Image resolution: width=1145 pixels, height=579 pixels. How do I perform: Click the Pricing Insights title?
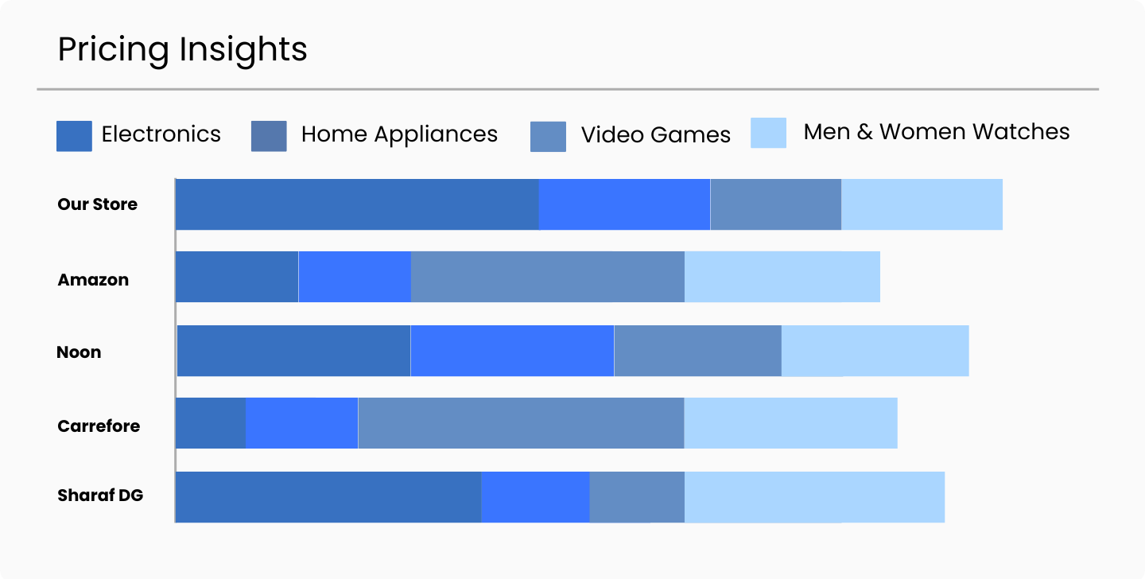click(182, 49)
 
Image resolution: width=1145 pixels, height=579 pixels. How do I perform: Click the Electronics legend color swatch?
click(74, 135)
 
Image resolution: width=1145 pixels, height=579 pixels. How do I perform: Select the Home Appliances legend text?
click(399, 134)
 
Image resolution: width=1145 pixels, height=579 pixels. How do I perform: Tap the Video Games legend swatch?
click(548, 136)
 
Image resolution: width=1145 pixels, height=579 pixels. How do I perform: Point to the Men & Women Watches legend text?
click(936, 132)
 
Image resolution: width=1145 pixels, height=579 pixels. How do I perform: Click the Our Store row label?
click(97, 204)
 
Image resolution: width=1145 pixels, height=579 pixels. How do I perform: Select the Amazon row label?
click(93, 280)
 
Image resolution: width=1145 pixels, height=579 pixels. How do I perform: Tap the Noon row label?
click(79, 352)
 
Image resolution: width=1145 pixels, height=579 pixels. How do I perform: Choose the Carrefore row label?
click(99, 426)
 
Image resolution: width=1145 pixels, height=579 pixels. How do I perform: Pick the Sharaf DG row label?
click(100, 495)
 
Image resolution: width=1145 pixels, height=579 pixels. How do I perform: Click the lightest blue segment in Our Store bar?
click(922, 204)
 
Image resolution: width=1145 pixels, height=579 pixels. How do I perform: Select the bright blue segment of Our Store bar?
click(624, 204)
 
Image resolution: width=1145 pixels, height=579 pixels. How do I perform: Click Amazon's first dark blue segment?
click(237, 277)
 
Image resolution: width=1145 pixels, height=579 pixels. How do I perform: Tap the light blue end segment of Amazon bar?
click(782, 277)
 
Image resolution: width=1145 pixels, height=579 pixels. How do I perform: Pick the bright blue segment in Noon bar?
click(512, 351)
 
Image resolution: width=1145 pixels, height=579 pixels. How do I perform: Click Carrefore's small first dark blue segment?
click(211, 423)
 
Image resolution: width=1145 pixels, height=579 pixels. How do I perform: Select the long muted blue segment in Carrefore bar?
click(521, 423)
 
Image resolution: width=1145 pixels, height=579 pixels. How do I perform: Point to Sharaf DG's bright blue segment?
click(535, 497)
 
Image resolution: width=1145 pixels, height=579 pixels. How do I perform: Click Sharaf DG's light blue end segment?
click(814, 497)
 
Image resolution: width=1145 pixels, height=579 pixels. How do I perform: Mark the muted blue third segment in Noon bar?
click(697, 351)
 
